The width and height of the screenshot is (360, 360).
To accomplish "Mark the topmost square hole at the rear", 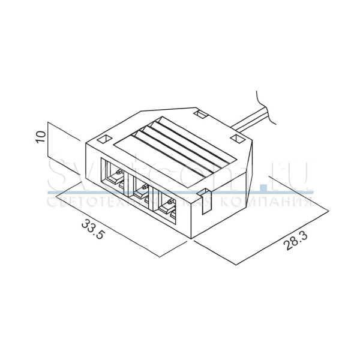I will coord(200,112).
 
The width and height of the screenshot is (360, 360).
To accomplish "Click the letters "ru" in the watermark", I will coord(294,173).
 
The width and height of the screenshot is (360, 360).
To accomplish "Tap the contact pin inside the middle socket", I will coord(142,190).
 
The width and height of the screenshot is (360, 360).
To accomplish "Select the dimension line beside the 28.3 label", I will coord(282,231).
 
